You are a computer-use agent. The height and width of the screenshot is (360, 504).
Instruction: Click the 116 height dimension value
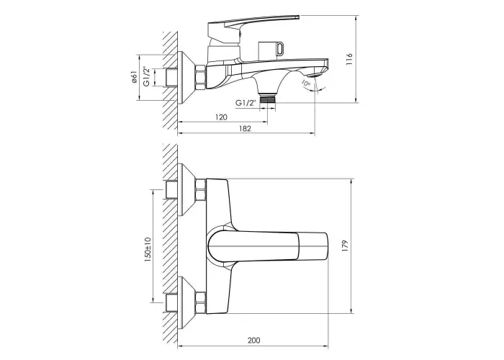point(349,60)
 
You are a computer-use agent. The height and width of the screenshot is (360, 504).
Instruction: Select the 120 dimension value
point(220,117)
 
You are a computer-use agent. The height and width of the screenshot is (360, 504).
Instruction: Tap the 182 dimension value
point(245,129)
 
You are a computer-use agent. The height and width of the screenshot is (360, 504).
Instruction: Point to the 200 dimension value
point(254,340)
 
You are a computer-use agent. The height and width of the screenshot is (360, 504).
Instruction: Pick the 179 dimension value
point(345,246)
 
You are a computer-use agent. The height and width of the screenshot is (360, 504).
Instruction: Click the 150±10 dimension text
point(148,250)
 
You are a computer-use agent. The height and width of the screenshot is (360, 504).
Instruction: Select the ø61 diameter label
point(135,78)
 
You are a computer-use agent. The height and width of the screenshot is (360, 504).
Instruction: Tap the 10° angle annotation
point(305,83)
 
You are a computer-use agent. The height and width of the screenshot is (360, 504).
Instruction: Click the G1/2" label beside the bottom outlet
point(246,103)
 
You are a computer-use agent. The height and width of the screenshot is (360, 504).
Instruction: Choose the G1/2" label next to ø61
point(147,76)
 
